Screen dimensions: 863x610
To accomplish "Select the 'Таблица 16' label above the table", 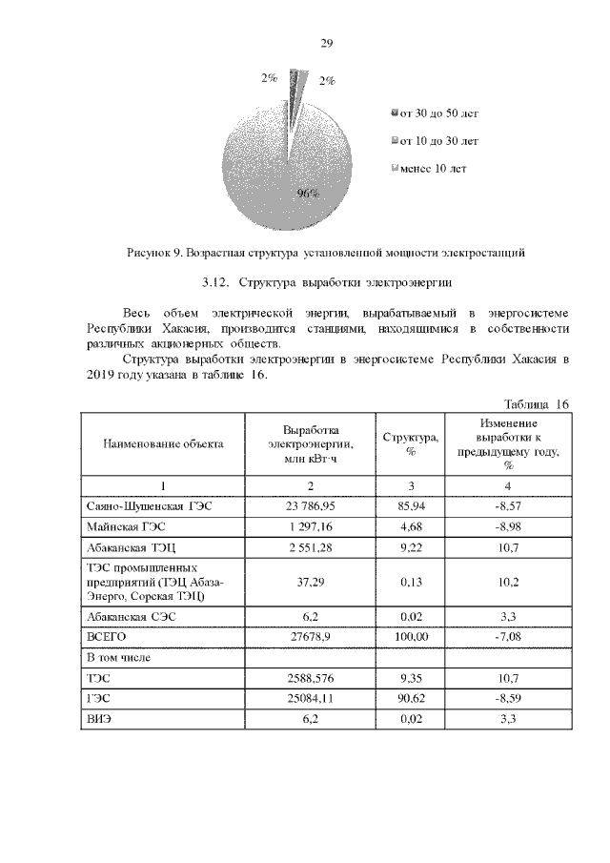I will point(536,404).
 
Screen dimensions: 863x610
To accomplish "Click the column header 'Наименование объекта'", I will point(163,443).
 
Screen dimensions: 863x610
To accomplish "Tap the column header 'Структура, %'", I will point(411,443).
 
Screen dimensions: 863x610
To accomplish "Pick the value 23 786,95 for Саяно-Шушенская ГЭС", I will point(312,506).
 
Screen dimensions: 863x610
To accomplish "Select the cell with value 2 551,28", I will point(312,549).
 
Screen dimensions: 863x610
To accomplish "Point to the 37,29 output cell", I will point(312,583).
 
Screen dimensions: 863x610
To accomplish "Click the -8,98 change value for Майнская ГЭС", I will point(510,527).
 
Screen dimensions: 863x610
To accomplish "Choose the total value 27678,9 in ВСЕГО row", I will point(312,636).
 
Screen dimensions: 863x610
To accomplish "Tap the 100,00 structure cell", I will point(411,636).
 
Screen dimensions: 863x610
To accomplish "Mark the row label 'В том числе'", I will point(120,657).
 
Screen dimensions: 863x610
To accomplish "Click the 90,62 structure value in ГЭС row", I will point(411,699).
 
